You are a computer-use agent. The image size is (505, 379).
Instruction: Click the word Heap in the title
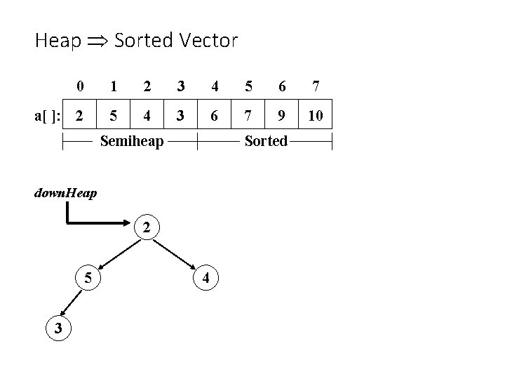click(58, 41)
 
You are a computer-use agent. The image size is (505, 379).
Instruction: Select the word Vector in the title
click(208, 40)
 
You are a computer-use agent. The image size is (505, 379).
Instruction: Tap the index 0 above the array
click(80, 87)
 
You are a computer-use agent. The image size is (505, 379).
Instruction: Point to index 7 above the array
click(316, 87)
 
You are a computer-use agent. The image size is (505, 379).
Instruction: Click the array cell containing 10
click(316, 115)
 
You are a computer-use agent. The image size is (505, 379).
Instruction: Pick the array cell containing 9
click(282, 115)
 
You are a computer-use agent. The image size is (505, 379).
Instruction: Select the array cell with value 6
click(215, 115)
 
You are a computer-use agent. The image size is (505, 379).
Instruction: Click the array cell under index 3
click(181, 115)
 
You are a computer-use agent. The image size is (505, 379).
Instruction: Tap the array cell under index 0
click(80, 115)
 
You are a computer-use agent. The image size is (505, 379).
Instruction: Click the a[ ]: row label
click(48, 115)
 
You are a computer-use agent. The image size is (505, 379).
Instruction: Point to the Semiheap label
click(132, 142)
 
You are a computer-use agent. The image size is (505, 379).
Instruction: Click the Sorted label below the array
click(266, 142)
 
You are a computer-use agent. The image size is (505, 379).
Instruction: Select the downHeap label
click(65, 192)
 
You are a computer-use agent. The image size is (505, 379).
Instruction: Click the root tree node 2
click(146, 227)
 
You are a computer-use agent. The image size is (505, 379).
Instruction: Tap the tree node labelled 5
click(88, 277)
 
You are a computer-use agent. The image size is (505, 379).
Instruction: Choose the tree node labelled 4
click(206, 277)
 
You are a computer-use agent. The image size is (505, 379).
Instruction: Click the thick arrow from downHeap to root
click(98, 223)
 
